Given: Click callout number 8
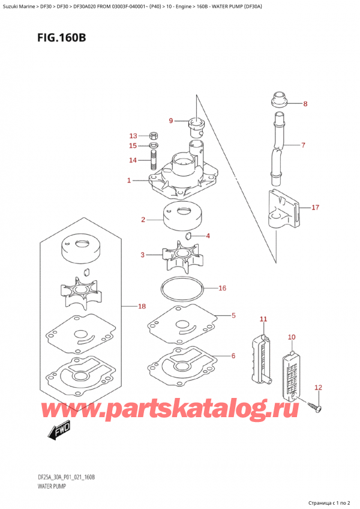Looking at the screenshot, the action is click(305, 104).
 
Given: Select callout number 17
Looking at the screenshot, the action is click(315, 208).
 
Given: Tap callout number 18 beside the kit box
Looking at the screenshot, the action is click(142, 306).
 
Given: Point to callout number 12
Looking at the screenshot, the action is click(318, 387).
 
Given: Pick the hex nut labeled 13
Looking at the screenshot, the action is click(153, 136).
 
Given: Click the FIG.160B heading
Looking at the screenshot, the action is click(62, 38).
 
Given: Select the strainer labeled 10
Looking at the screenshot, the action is click(291, 375).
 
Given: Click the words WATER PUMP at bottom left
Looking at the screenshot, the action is click(52, 486).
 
